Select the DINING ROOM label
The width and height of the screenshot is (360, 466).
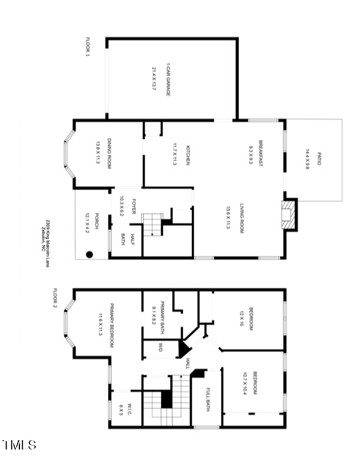109,154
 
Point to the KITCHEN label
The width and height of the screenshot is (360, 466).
188,155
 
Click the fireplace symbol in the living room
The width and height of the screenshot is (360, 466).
288,215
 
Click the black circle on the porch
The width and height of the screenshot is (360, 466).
89,255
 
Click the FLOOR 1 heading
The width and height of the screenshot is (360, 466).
88,47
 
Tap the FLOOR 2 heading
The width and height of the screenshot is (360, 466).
55,300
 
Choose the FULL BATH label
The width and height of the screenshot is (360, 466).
208,400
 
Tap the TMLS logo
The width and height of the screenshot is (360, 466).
19,445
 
